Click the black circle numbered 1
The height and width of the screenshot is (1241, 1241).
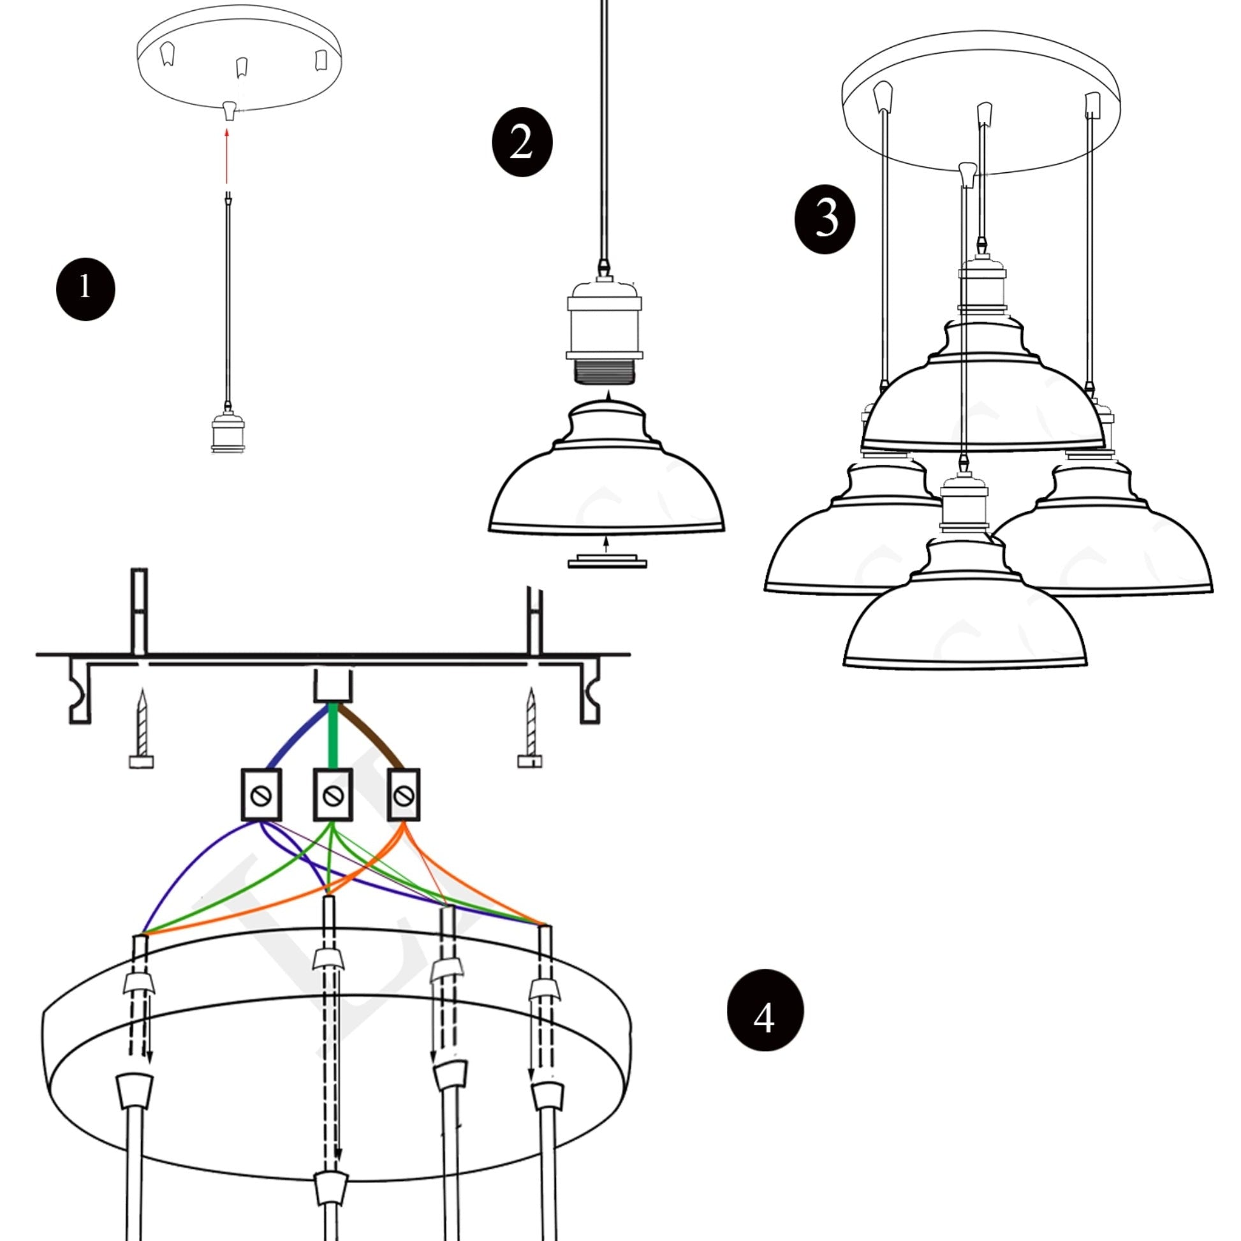tap(85, 289)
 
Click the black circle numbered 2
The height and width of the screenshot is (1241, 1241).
tap(522, 142)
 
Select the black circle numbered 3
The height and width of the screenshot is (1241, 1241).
tap(825, 220)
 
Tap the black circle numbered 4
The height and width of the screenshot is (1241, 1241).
tap(765, 1010)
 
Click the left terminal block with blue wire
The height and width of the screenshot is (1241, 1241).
tap(261, 795)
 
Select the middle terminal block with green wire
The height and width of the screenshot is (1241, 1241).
tap(333, 795)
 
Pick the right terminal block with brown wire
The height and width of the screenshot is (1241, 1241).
tap(404, 795)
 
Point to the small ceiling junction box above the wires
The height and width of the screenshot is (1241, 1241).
tap(334, 686)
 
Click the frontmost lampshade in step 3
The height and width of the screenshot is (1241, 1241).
tap(964, 617)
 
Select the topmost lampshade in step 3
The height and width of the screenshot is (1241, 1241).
tap(983, 398)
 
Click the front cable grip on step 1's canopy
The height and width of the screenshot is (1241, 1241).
tap(229, 110)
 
